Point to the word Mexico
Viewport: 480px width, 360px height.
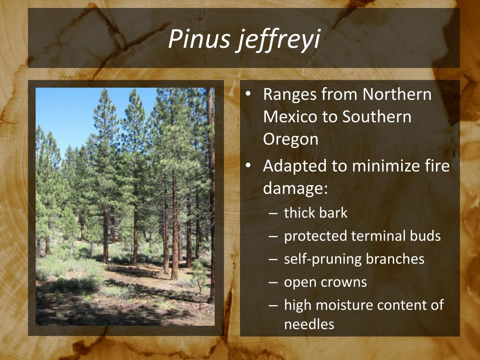tap(290, 117)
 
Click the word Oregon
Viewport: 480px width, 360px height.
tap(291, 139)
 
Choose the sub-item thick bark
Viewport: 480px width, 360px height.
tap(315, 213)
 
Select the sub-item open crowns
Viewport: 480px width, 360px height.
tap(325, 282)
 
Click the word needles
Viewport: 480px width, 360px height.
tap(309, 324)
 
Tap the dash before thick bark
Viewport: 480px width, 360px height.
tap(274, 213)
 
